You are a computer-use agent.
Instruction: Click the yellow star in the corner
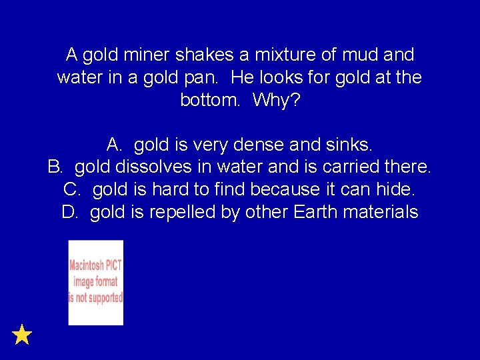point(22,334)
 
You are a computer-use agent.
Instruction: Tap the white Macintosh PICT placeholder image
point(96,283)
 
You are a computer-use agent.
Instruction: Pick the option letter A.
point(113,145)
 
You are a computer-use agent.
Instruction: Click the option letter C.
point(72,190)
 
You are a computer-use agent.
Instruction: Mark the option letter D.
point(69,213)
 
